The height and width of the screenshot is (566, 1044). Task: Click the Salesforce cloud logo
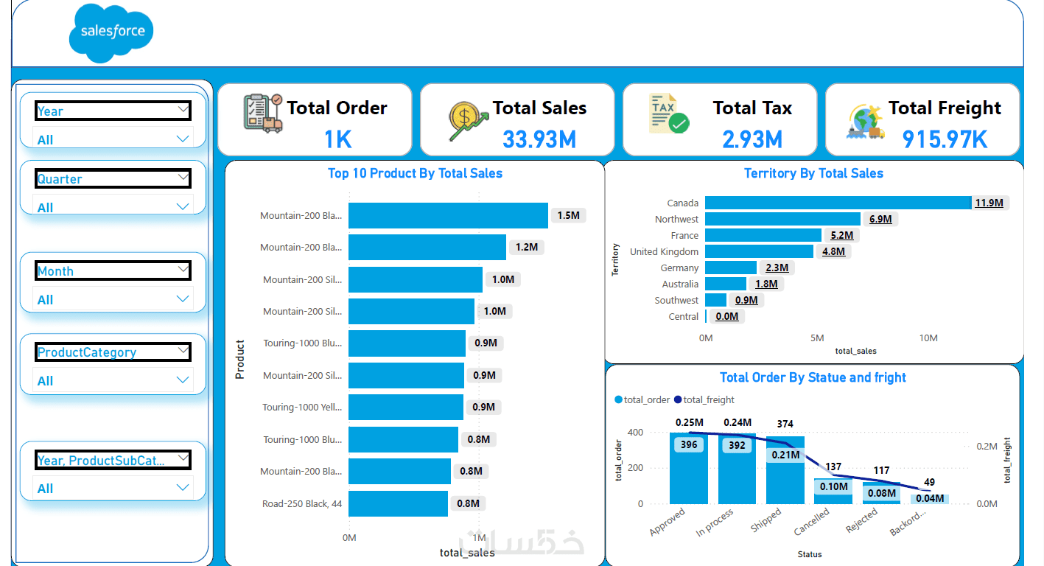112,32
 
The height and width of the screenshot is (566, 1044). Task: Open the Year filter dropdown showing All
113,139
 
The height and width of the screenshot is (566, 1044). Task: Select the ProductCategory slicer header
113,352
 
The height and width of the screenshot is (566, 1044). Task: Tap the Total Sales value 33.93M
539,139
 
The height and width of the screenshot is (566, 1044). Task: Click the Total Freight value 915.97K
945,139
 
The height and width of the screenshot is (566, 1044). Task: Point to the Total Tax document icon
668,114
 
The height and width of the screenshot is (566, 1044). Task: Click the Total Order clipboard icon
262,113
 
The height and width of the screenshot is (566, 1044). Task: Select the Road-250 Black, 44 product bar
398,503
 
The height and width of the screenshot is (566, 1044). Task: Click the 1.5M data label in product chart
569,215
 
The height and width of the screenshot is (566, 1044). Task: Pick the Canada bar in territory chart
838,203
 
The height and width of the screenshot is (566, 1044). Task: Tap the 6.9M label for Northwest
880,219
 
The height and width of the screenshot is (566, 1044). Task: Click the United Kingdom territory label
664,251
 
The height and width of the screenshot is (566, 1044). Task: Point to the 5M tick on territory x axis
817,338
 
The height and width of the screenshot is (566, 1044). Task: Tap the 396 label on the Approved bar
689,445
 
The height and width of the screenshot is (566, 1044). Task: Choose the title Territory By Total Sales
813,173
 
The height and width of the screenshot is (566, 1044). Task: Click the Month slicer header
113,271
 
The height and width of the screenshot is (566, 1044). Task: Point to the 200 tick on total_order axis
634,468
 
